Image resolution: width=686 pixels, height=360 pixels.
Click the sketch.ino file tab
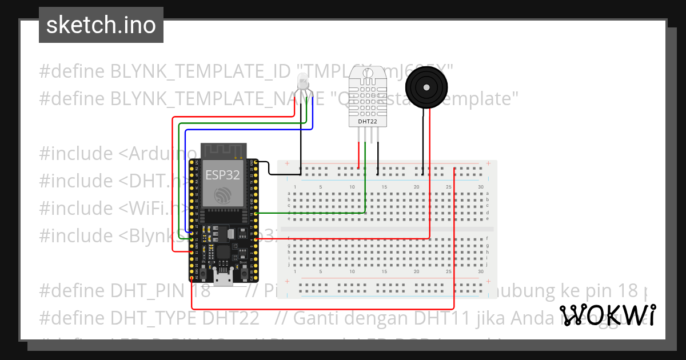[101, 25]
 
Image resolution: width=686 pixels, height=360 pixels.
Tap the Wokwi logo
[608, 315]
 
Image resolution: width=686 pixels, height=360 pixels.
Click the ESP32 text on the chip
[222, 175]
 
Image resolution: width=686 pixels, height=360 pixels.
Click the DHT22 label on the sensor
[368, 121]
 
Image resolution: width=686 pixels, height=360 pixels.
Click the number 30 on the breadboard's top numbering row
[481, 187]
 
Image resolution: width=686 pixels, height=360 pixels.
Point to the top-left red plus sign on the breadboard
[287, 164]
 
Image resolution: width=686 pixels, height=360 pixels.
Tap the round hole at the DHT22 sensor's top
[368, 73]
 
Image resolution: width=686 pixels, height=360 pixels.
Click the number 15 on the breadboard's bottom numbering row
[384, 271]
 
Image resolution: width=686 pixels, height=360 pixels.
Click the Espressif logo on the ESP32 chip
[222, 196]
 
